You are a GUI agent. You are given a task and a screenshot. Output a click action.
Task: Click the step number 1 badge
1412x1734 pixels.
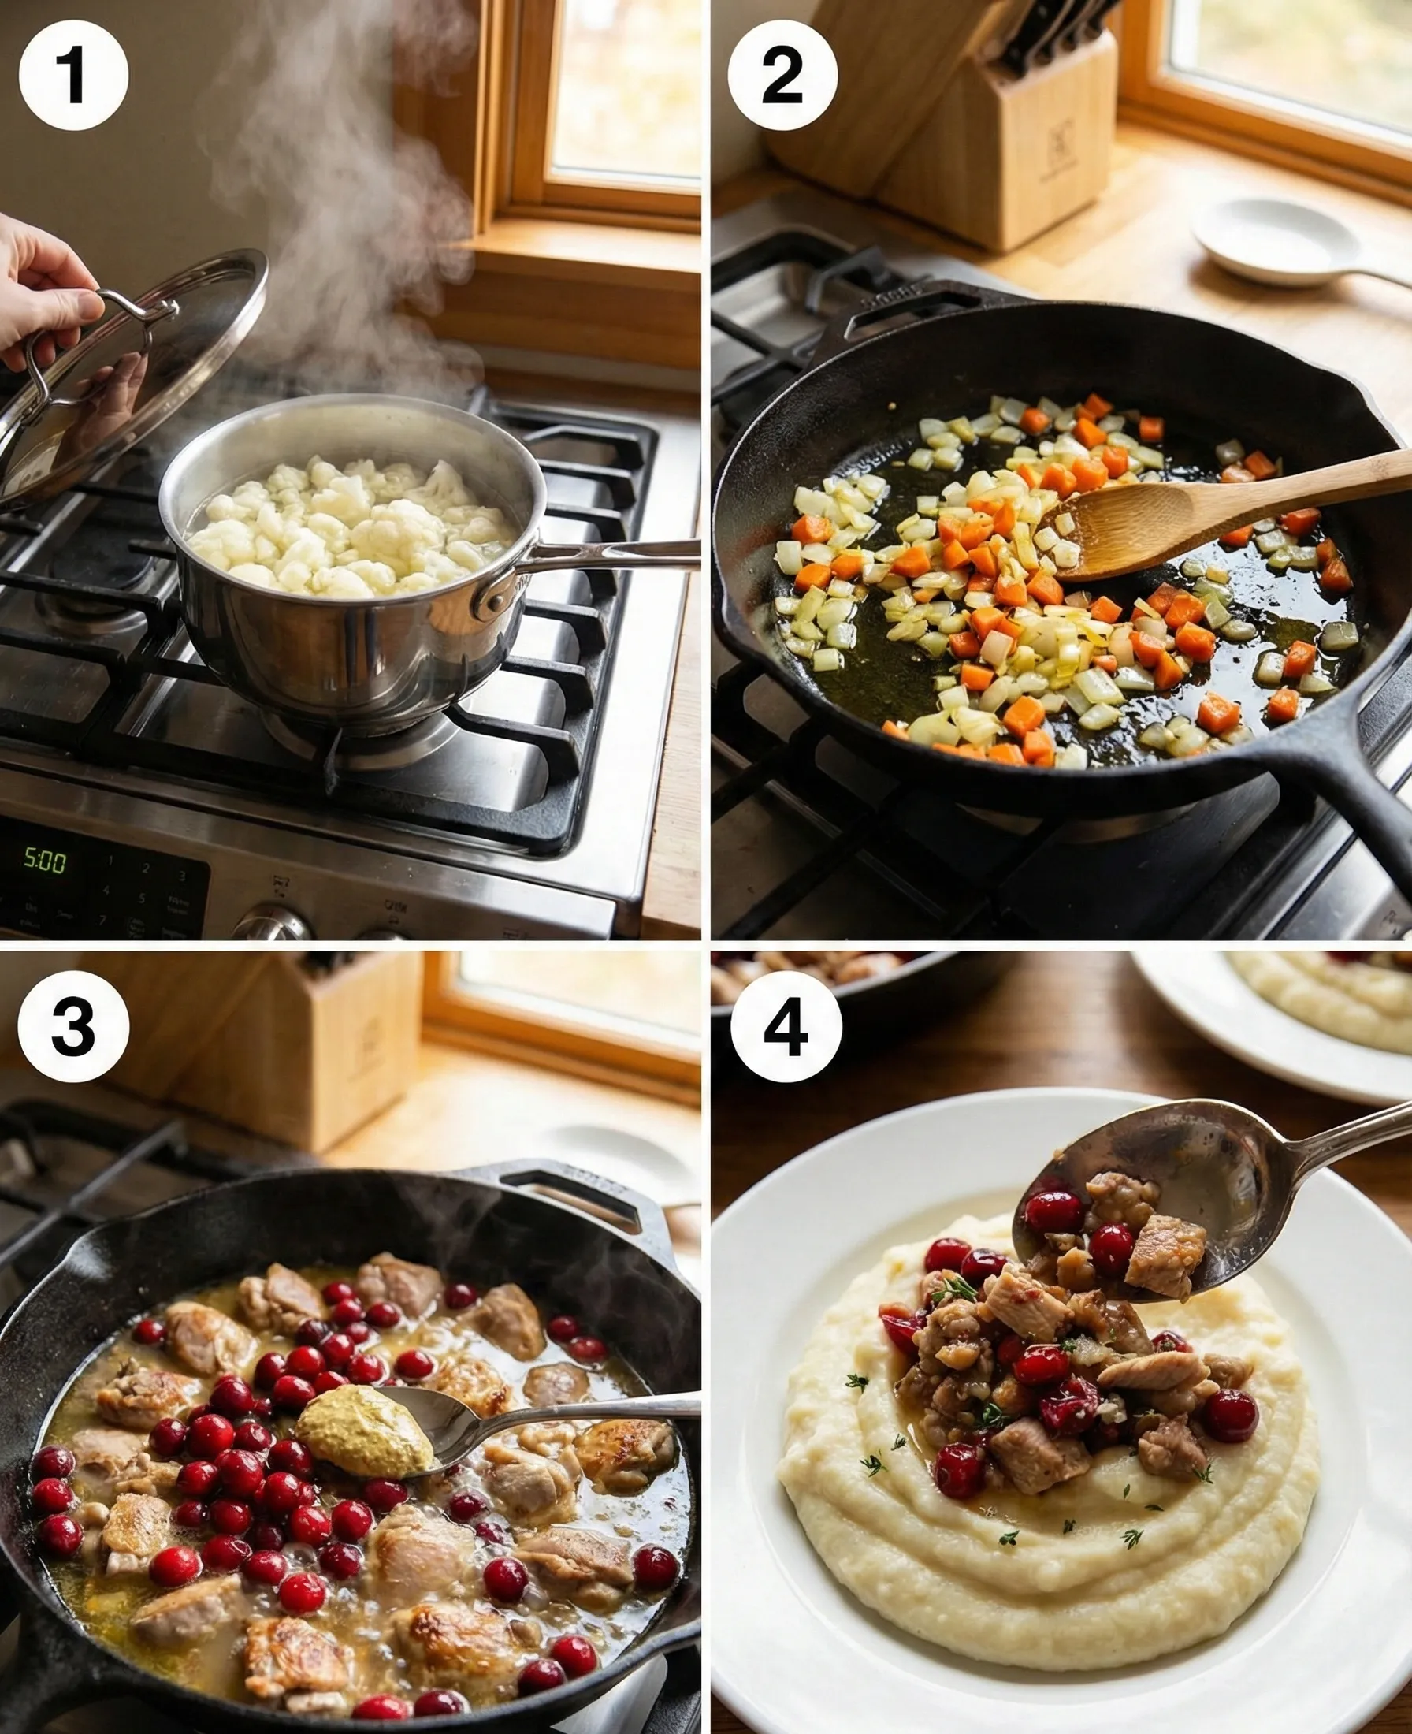click(73, 76)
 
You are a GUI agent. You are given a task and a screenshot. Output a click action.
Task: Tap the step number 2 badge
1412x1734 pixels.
click(782, 76)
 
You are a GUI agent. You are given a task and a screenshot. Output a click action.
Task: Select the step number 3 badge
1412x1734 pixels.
click(73, 1026)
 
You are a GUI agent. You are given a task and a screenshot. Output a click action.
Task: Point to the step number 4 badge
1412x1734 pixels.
click(786, 1026)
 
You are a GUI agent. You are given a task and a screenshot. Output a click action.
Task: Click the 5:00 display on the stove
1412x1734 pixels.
click(45, 860)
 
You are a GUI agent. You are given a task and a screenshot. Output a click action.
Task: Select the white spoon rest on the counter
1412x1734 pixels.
click(1277, 244)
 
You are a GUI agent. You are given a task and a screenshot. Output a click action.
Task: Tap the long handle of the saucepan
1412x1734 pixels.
click(619, 553)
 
